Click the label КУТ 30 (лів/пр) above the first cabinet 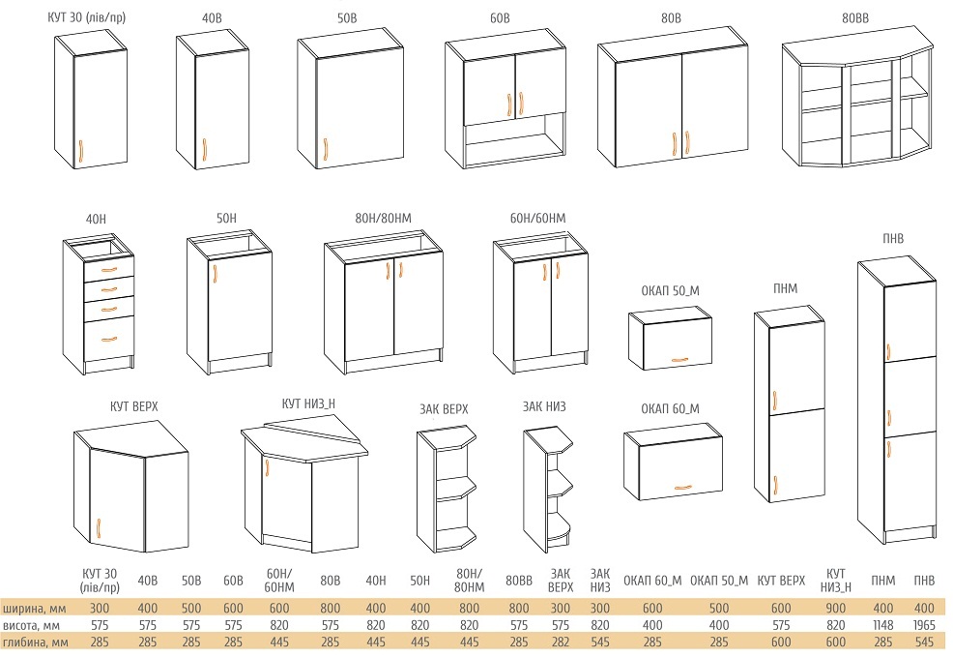(x=86, y=17)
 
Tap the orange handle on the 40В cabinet (x=204, y=150)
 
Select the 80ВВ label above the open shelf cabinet (x=855, y=18)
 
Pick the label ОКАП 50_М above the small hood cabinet (x=670, y=291)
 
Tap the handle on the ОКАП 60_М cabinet (x=682, y=487)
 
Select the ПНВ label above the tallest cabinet (x=893, y=238)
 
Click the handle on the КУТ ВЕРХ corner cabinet (x=98, y=528)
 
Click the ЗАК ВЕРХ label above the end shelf (x=444, y=408)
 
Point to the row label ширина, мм (x=34, y=609)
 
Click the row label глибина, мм (x=35, y=642)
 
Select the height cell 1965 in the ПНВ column (x=924, y=625)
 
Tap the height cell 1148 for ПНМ (x=882, y=625)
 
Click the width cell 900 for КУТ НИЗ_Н (x=836, y=608)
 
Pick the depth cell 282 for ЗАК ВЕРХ (x=560, y=642)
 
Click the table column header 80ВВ (x=518, y=581)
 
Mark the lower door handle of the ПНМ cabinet (x=775, y=485)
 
